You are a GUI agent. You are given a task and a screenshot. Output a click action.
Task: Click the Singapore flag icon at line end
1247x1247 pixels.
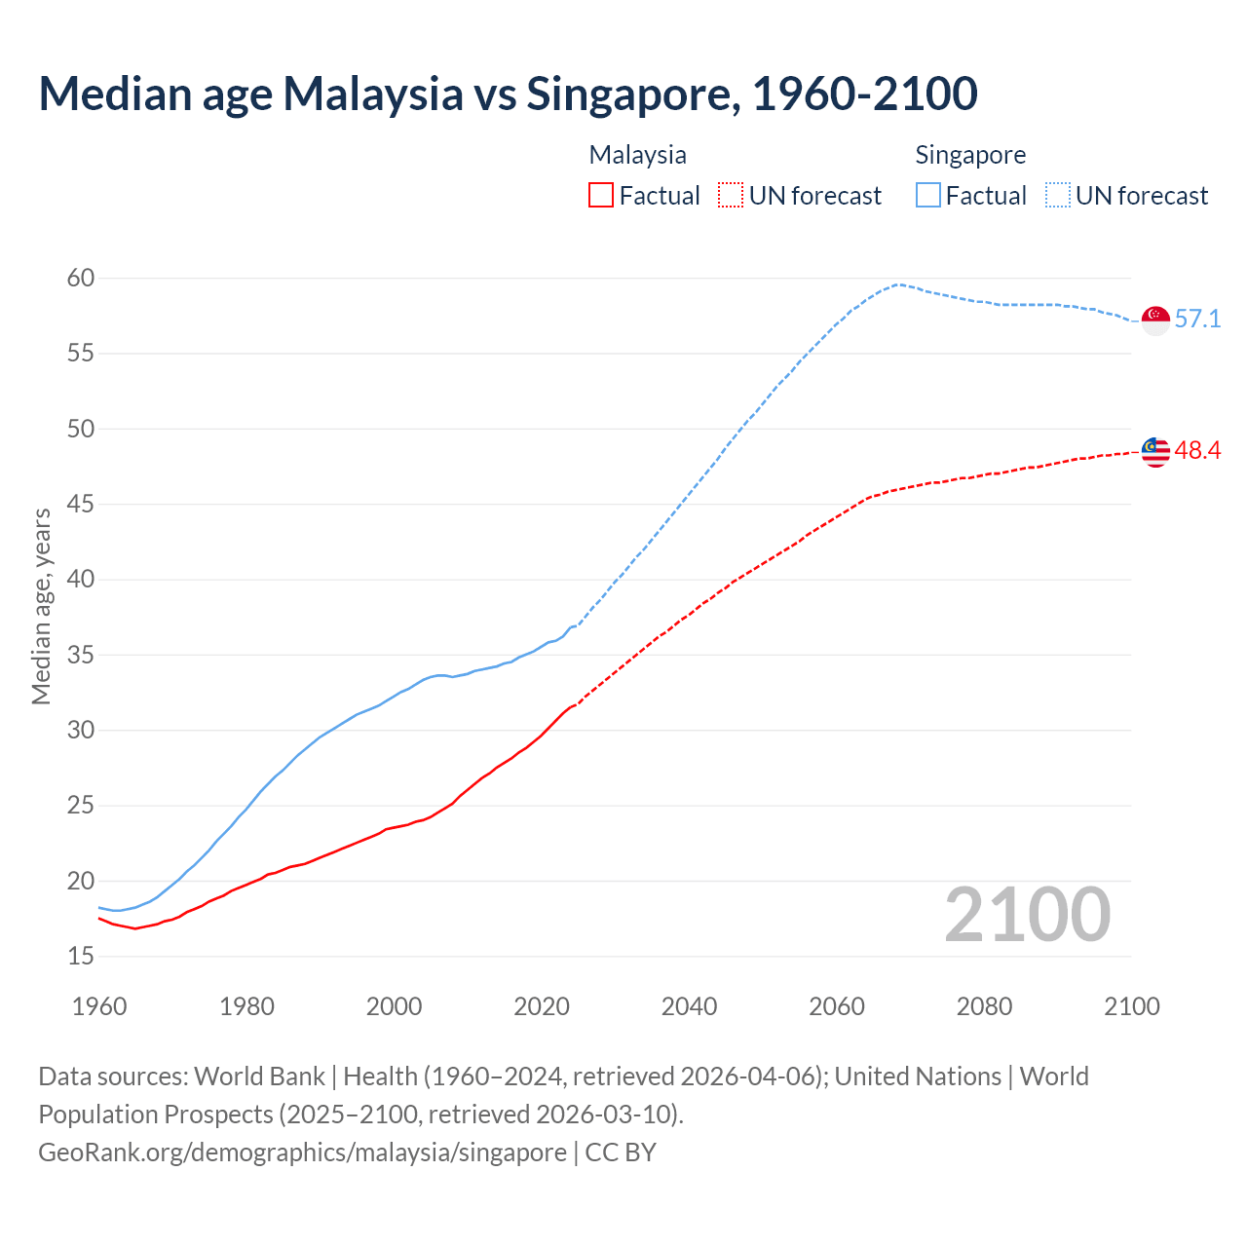(1155, 320)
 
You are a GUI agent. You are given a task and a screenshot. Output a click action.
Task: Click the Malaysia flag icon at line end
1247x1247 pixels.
(1155, 451)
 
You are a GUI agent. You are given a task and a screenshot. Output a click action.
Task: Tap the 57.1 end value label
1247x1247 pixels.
(1197, 320)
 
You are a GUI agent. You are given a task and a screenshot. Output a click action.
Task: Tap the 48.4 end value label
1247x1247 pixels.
(1197, 450)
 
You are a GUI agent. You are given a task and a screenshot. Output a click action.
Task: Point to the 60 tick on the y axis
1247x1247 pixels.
(81, 279)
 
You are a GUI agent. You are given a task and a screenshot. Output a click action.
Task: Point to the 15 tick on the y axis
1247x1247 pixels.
(81, 957)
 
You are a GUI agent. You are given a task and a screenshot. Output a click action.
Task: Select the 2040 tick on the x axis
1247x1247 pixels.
(689, 1006)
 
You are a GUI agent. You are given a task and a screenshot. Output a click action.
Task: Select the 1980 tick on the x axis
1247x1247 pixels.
(246, 1006)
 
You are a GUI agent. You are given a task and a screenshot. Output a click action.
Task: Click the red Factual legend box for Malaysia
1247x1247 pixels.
(601, 196)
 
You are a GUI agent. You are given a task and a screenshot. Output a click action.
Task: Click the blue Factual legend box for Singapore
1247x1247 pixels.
(928, 196)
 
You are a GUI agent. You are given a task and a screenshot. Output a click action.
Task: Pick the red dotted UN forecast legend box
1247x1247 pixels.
(731, 196)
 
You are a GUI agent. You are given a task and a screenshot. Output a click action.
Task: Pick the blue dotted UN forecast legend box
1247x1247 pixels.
(1058, 196)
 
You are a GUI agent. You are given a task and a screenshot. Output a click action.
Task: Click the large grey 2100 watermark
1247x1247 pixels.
(1027, 915)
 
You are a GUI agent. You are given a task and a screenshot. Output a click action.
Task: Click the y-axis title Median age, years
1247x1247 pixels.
(41, 606)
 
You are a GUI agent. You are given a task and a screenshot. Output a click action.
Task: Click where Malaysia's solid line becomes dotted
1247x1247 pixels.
(575, 704)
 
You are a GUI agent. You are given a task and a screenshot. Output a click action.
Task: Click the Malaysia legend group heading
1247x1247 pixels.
(637, 155)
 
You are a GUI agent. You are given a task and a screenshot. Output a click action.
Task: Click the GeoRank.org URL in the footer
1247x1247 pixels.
(302, 1153)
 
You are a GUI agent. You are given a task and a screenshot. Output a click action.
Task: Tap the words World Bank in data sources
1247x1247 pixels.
(259, 1077)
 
